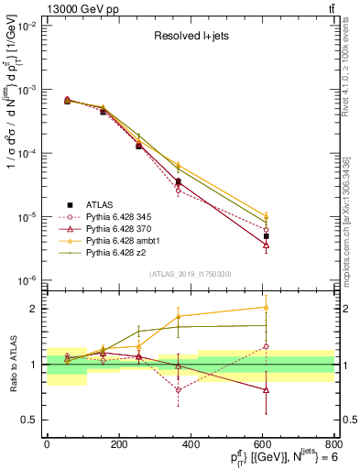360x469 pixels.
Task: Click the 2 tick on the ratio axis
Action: (35, 309)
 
